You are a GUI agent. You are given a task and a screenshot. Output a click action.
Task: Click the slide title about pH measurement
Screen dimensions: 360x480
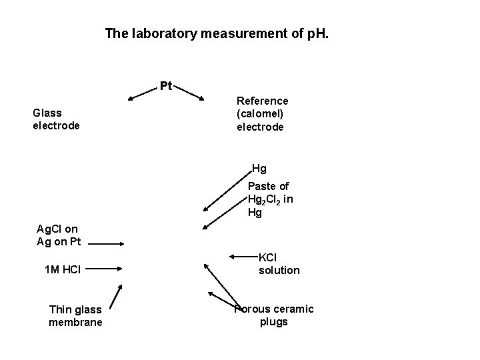point(217,33)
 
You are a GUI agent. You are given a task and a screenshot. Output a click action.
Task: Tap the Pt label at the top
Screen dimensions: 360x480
point(166,85)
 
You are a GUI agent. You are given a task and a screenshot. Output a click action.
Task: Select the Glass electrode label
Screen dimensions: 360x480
point(56,119)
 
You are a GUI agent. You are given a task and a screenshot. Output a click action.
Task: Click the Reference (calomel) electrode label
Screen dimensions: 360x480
point(263,113)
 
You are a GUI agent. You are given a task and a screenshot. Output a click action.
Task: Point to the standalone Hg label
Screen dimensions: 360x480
point(259,169)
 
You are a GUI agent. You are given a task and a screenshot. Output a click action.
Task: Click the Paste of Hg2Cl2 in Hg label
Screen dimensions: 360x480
point(270,199)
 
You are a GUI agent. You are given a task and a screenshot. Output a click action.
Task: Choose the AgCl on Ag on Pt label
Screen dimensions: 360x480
point(57,235)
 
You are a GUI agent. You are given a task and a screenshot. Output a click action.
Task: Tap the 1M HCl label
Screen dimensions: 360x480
point(62,269)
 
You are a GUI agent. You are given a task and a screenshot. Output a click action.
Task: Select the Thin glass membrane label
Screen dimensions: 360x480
point(75,316)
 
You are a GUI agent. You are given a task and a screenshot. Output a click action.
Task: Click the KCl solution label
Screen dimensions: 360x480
point(279,264)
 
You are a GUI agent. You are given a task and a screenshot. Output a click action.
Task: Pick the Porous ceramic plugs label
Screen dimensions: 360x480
point(274,315)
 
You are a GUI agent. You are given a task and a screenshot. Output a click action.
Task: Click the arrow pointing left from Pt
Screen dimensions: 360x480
point(143,93)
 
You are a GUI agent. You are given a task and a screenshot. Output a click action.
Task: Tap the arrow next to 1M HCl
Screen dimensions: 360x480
point(104,269)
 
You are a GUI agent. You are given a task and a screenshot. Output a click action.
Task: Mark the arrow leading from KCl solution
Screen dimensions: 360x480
point(243,256)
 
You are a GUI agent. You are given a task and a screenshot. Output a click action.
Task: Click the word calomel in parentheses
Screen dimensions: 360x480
point(261,113)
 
